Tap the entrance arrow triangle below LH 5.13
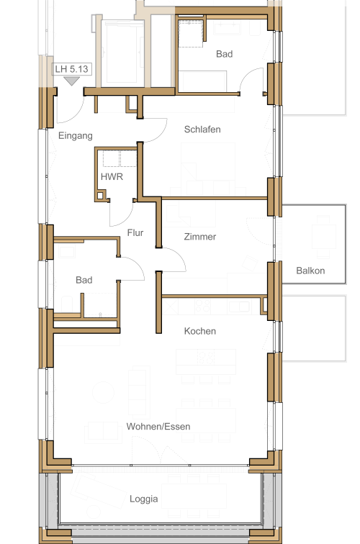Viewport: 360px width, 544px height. coord(71,81)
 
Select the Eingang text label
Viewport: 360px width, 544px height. coord(75,135)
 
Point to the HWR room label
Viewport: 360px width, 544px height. coord(109,176)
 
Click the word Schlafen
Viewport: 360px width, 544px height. coord(202,130)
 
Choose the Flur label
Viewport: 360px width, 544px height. coord(135,232)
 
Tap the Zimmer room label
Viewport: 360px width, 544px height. coord(199,237)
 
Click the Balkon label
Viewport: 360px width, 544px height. coord(310,271)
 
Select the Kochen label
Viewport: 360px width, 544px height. coord(199,332)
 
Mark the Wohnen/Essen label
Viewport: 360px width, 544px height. coord(158,427)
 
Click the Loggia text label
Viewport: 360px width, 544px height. coord(143,499)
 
